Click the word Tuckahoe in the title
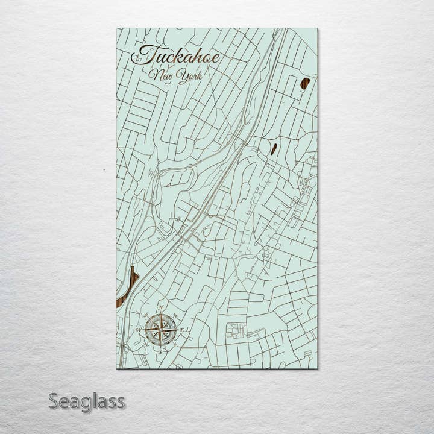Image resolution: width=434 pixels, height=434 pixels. [x=176, y=57]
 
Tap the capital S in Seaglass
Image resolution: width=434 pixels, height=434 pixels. [x=54, y=401]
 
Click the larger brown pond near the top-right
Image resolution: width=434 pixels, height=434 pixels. [x=305, y=84]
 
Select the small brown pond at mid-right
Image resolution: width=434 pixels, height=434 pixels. [x=274, y=148]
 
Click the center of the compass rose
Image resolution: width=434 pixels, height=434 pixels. [x=161, y=329]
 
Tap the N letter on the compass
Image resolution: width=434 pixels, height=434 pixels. [x=161, y=308]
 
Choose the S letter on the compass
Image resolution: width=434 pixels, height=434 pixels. [x=161, y=348]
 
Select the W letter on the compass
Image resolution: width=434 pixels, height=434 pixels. [x=138, y=330]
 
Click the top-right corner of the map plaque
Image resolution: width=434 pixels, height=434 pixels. [x=317, y=29]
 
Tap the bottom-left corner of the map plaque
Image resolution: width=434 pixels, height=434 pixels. [x=118, y=368]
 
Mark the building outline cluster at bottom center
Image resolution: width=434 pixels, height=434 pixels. [x=236, y=330]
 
